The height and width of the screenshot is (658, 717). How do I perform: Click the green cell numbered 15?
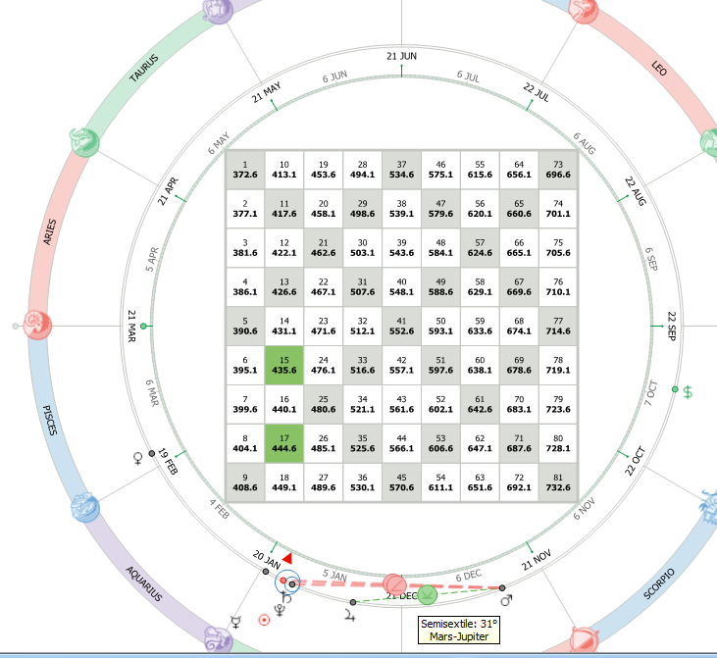(x=284, y=366)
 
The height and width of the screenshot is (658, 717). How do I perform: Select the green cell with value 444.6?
(x=284, y=443)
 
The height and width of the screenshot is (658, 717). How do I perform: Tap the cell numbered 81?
(x=558, y=482)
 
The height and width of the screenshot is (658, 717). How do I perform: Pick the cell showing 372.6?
(x=245, y=170)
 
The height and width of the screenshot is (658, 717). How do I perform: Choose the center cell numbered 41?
(x=401, y=326)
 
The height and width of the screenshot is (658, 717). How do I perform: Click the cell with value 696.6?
(x=558, y=170)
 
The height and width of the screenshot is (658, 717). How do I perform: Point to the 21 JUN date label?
(x=401, y=56)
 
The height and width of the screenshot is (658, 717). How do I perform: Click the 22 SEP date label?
(x=671, y=326)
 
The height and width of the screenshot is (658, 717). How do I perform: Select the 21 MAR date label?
(x=131, y=326)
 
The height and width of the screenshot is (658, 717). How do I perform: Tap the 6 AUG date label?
(x=585, y=143)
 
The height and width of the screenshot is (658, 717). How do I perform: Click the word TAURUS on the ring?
(x=144, y=68)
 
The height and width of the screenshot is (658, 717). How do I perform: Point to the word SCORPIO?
(x=659, y=583)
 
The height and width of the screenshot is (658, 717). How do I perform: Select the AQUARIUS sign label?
(x=143, y=583)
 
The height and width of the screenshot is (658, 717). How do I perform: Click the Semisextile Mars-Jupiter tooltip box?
(x=459, y=631)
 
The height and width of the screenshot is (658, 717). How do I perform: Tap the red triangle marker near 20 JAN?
(x=287, y=558)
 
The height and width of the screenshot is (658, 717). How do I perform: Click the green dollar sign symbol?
(x=688, y=392)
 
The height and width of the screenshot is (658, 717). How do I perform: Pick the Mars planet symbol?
(x=506, y=599)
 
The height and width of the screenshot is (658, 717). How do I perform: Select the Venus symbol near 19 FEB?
(x=137, y=458)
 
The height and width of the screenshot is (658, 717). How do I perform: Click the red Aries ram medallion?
(x=37, y=325)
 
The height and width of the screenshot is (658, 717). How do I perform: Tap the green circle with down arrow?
(x=427, y=595)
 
